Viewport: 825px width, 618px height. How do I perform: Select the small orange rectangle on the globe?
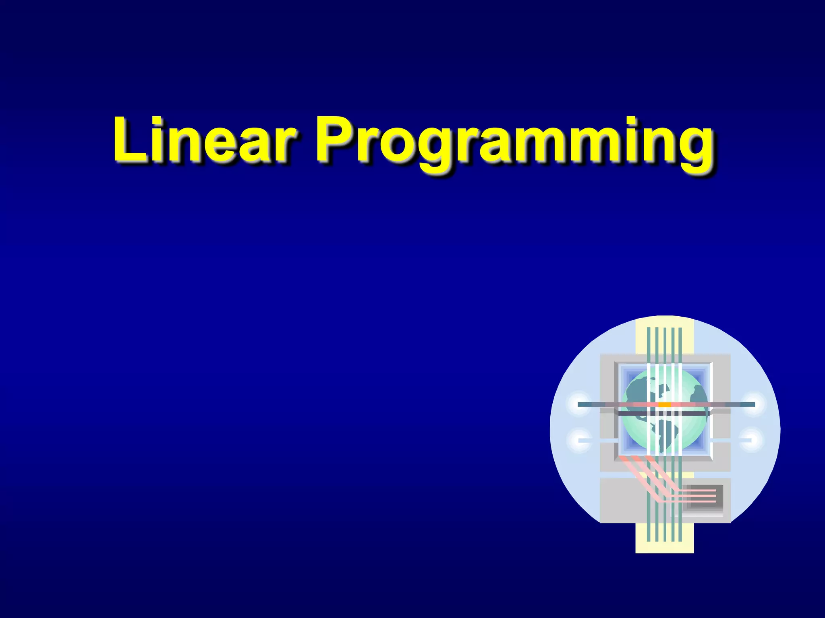point(664,404)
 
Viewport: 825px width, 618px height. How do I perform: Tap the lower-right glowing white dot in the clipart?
point(752,440)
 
